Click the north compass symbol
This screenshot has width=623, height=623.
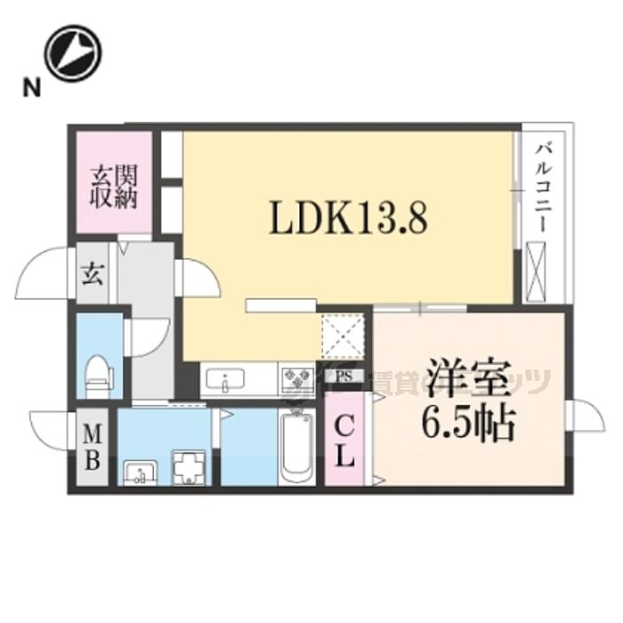[x=73, y=53]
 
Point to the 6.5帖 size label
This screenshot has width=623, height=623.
[x=468, y=425]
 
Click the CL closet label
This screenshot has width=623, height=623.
[x=344, y=442]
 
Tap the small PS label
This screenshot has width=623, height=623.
[x=343, y=376]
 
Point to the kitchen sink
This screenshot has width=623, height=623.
[x=226, y=384]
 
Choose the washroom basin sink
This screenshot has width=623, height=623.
[x=140, y=471]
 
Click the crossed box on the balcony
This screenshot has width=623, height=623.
[x=539, y=271]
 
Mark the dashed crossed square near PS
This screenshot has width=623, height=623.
[x=344, y=337]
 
